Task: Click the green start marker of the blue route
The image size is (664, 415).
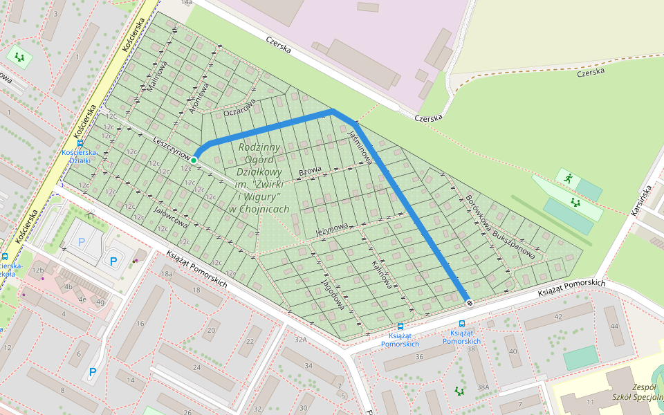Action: click(x=194, y=160)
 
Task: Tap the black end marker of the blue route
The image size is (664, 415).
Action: click(x=470, y=302)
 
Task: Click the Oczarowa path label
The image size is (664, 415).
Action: click(x=240, y=107)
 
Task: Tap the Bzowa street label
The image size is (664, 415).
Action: click(x=310, y=170)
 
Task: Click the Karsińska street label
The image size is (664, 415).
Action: click(x=641, y=201)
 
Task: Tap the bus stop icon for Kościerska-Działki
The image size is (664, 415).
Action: click(x=81, y=143)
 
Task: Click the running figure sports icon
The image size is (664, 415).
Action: click(x=568, y=178)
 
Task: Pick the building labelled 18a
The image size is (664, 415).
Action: click(x=167, y=274)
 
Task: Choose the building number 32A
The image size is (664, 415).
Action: click(x=300, y=340)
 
